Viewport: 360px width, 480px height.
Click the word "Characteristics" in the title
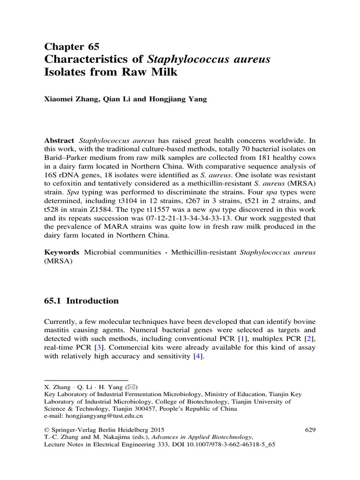pos(94,60)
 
